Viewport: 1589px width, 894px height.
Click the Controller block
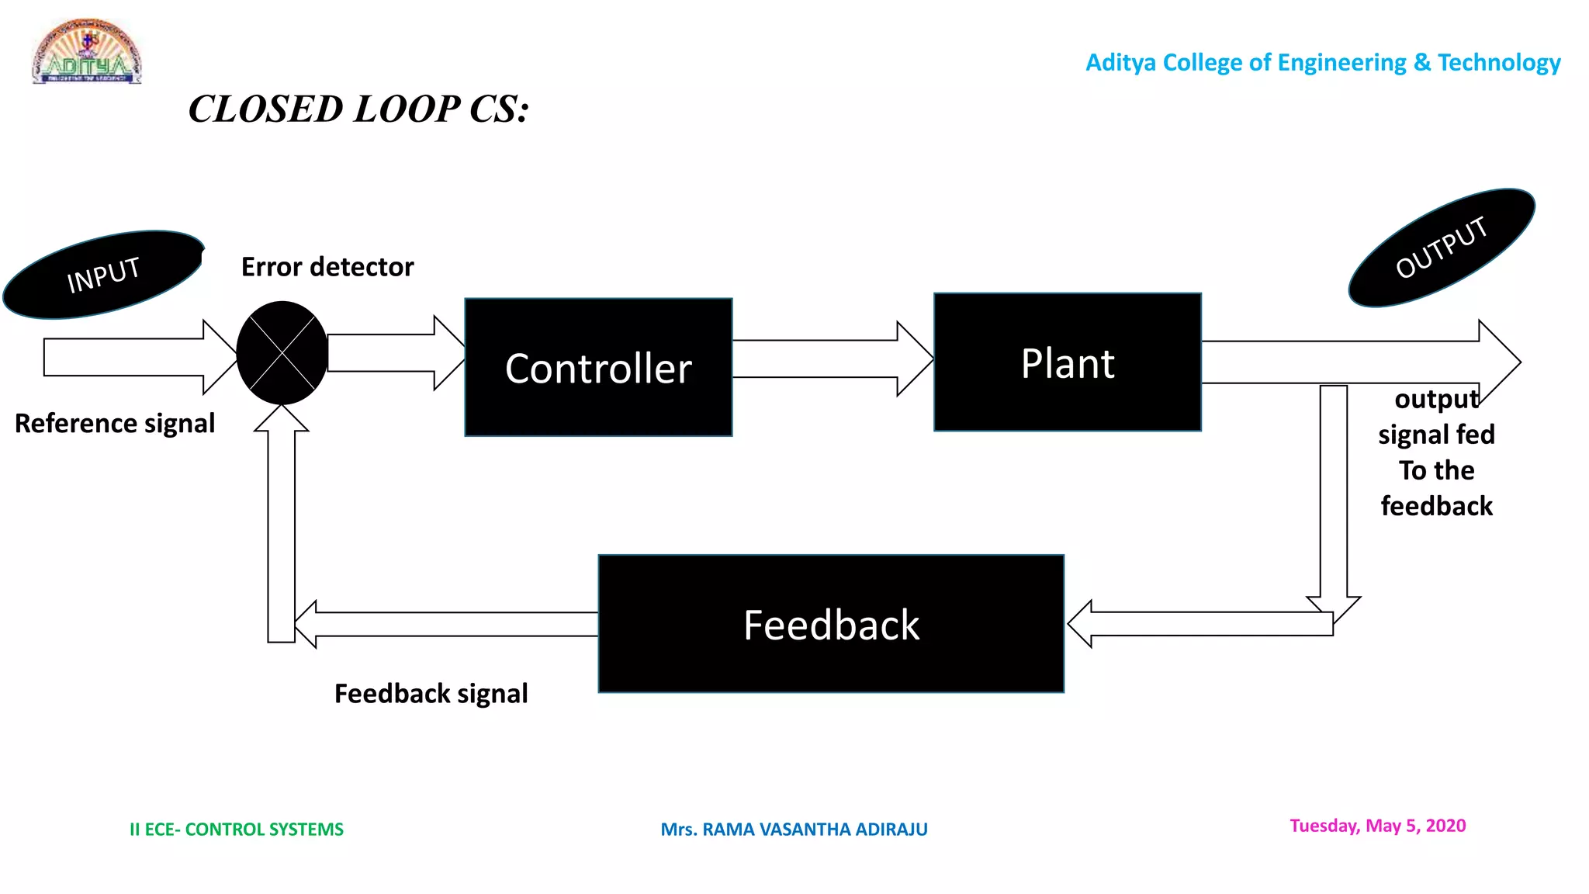click(x=598, y=367)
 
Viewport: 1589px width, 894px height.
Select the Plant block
click(x=1068, y=362)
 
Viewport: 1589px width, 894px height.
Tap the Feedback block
click(x=831, y=624)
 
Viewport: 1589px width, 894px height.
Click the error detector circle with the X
click(x=282, y=353)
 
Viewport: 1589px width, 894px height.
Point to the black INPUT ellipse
click(x=103, y=274)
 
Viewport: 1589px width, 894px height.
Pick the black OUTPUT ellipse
click(x=1442, y=248)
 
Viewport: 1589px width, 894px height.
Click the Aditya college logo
click(x=87, y=52)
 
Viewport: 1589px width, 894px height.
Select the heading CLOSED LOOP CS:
click(x=358, y=109)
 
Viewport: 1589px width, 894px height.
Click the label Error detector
click(x=327, y=267)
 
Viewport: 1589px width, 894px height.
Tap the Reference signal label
click(x=115, y=424)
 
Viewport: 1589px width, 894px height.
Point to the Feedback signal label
click(x=431, y=693)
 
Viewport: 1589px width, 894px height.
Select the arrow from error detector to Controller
click(x=396, y=353)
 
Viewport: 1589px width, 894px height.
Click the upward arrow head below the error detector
click(x=282, y=419)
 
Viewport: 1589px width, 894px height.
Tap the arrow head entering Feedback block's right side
click(x=1081, y=623)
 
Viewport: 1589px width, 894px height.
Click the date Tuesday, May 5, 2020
click(x=1377, y=826)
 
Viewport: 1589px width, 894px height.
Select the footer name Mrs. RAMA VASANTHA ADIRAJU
click(x=794, y=830)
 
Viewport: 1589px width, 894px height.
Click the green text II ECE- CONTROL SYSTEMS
click(x=236, y=830)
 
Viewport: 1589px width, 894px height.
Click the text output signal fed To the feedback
click(x=1436, y=452)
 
